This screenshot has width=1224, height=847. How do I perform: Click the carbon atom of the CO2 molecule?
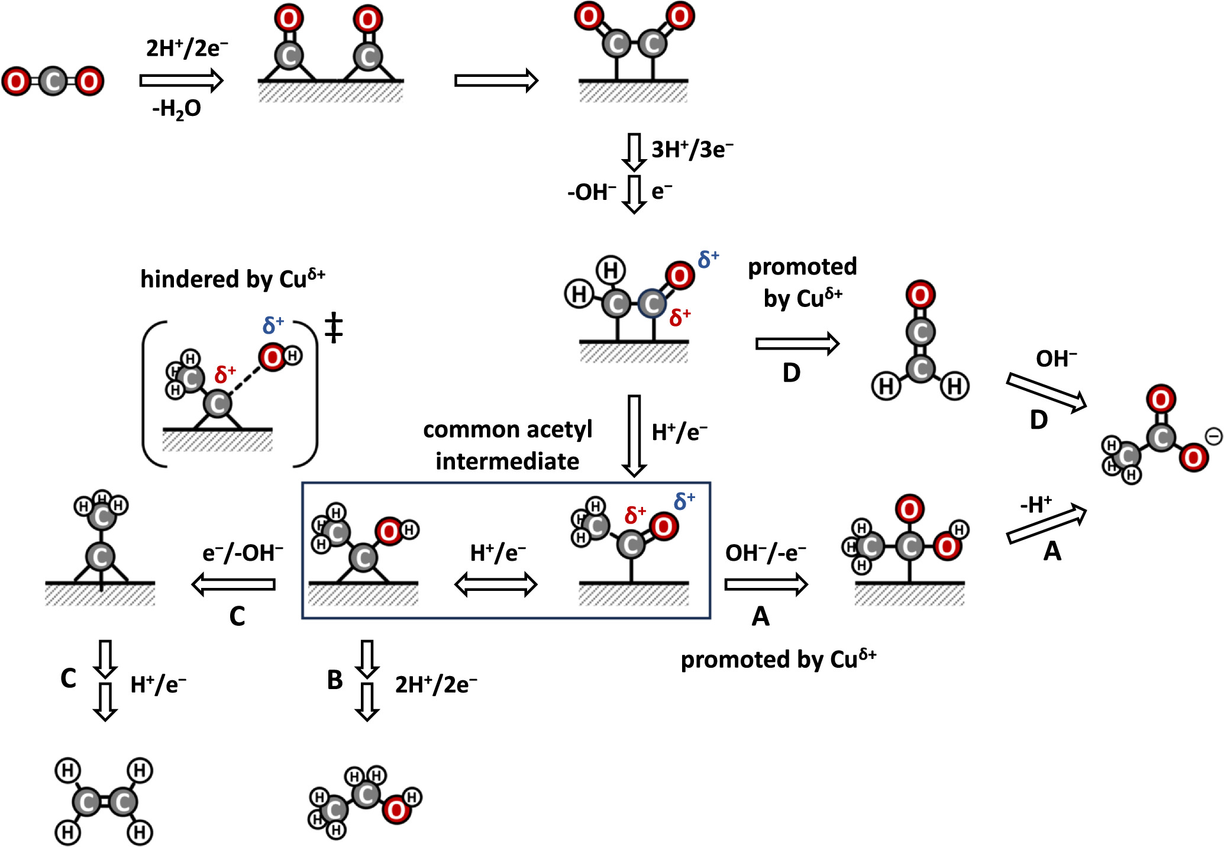coord(53,82)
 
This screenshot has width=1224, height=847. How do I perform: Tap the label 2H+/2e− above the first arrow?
coord(187,48)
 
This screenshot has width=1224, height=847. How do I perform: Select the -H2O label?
coord(177,109)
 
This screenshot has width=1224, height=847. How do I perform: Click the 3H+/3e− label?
coord(692,150)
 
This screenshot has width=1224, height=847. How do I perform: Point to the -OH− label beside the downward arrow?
coord(591,192)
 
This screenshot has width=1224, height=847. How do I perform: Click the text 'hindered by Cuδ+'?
coord(232,279)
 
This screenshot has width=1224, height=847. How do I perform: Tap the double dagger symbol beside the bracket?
coord(334,328)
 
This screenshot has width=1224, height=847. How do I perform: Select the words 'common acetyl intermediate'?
coord(508,445)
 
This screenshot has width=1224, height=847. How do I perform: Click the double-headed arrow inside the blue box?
coord(496,585)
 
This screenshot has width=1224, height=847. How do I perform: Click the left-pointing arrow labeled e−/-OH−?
coord(234,584)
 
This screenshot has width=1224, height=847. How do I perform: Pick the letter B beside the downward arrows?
coord(335,680)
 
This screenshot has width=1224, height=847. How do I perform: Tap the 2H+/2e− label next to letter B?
coord(436,684)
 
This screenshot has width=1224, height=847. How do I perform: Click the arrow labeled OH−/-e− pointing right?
coord(766,584)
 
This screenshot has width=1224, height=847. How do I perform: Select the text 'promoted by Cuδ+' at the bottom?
coord(778,659)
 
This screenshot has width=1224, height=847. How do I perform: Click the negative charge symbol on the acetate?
coord(1213,437)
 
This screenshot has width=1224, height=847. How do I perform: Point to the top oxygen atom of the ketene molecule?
coord(920,295)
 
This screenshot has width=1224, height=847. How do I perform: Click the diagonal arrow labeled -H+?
coord(1046,525)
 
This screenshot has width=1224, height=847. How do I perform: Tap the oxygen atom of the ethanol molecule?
coord(396,810)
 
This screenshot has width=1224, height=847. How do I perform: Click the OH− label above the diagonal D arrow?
coord(1056,358)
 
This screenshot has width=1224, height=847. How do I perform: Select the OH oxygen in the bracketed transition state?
coord(273,357)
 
